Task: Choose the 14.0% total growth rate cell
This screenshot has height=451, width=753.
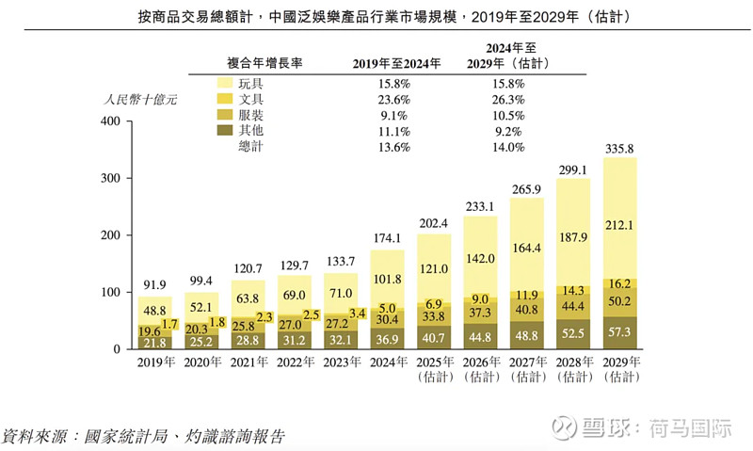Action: (x=506, y=147)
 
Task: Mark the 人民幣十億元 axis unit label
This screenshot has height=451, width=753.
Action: (x=140, y=98)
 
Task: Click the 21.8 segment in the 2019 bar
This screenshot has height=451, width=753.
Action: (x=155, y=343)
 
